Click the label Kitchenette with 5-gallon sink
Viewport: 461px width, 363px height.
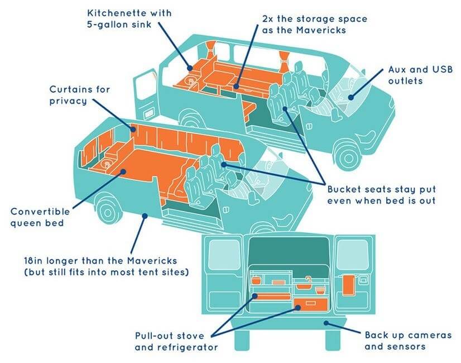pos(129,19)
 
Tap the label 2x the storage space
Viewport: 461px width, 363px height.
pos(315,19)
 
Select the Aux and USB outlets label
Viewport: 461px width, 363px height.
pos(420,75)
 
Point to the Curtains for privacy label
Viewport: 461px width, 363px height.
pos(80,95)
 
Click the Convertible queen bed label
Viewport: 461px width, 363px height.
pos(40,217)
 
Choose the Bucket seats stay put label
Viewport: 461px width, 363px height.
pos(382,189)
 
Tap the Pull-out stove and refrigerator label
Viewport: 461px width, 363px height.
pos(176,342)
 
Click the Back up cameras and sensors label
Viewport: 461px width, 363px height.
pos(408,341)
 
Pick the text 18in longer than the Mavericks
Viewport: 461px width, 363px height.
pos(100,261)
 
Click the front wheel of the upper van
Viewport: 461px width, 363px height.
pos(348,157)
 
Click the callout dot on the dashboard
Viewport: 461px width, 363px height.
pos(350,97)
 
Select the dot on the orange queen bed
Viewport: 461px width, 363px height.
pos(123,171)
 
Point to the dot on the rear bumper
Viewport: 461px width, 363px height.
pos(326,323)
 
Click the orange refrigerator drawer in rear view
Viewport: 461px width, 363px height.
pos(310,304)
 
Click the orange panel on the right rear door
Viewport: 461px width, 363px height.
pos(348,285)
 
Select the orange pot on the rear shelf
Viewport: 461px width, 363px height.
pos(256,279)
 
